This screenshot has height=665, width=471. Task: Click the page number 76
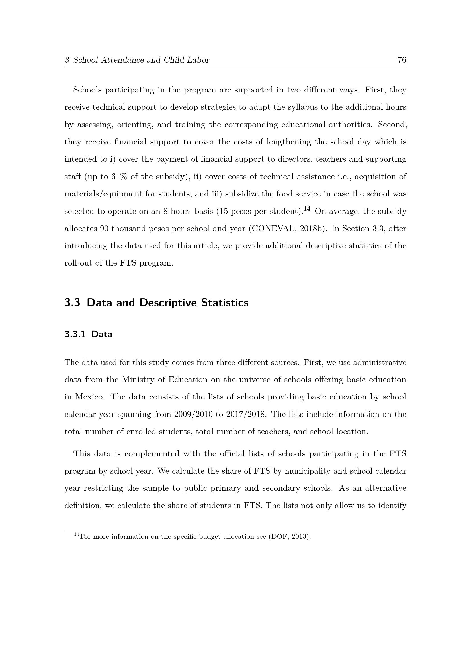click(x=402, y=60)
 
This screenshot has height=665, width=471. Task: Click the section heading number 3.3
click(x=72, y=303)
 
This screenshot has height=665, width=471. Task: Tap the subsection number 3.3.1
click(x=75, y=334)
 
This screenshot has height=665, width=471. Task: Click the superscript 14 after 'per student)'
click(x=307, y=208)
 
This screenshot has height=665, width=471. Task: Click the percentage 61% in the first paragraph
click(x=119, y=177)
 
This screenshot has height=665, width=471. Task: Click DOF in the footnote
click(x=278, y=537)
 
